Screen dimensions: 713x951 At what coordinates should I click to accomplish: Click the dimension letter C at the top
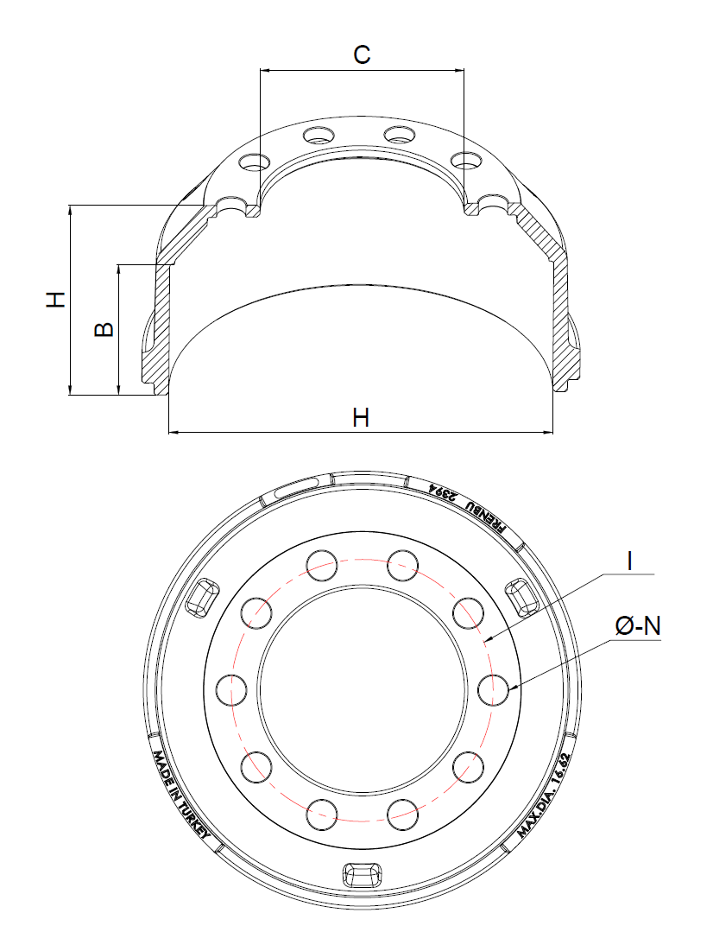click(362, 54)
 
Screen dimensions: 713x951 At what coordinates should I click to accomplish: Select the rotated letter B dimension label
click(104, 329)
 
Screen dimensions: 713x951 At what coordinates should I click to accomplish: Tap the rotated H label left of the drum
click(56, 299)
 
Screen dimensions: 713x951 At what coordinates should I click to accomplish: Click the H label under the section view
click(361, 418)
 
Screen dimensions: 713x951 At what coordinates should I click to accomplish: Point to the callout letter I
click(630, 561)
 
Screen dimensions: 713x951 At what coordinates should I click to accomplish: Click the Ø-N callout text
click(638, 626)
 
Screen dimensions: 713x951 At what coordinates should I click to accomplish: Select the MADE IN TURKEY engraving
click(180, 796)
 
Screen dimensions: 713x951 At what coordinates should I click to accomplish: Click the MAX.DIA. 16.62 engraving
click(544, 796)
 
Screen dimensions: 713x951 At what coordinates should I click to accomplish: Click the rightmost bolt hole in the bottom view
click(492, 690)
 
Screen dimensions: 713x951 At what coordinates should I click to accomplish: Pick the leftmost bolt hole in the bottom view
click(231, 690)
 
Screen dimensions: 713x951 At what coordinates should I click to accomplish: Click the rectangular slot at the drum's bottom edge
click(362, 874)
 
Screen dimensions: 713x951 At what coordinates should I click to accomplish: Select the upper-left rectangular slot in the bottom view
click(203, 598)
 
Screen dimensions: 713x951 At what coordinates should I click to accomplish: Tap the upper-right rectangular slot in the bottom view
click(521, 598)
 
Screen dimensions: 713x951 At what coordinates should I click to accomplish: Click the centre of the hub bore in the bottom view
click(362, 689)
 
